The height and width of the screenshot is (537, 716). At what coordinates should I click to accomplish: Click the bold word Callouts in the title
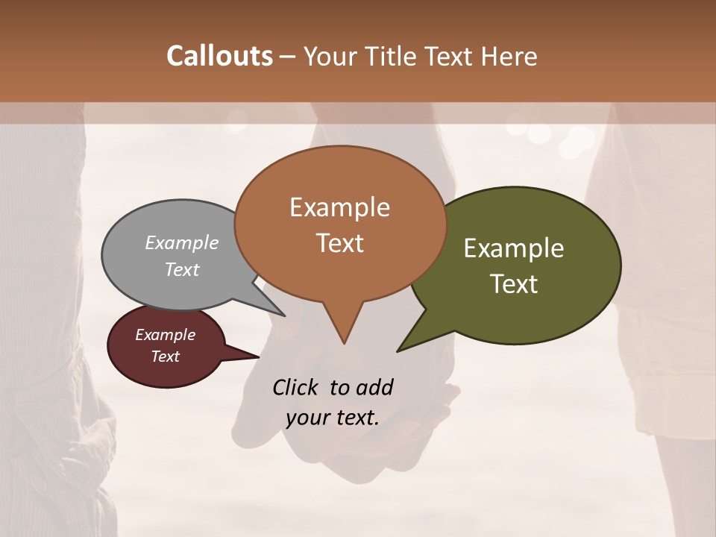[x=219, y=56]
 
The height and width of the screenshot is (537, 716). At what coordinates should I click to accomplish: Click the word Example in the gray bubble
[x=182, y=242]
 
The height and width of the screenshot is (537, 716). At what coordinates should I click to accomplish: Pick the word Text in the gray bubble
[x=182, y=269]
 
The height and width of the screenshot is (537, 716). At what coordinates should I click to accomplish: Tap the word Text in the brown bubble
[x=339, y=242]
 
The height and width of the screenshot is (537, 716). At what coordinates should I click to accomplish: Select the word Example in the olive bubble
[x=514, y=248]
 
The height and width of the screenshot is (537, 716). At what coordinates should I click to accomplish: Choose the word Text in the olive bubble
[x=514, y=283]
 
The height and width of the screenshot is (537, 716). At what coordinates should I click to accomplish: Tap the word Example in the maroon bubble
[x=166, y=335]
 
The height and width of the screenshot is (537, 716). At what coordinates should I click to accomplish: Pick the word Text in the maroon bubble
[x=166, y=357]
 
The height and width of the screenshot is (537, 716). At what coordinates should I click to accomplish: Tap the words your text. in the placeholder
[x=333, y=418]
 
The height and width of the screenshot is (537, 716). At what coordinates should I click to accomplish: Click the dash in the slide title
[x=288, y=56]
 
